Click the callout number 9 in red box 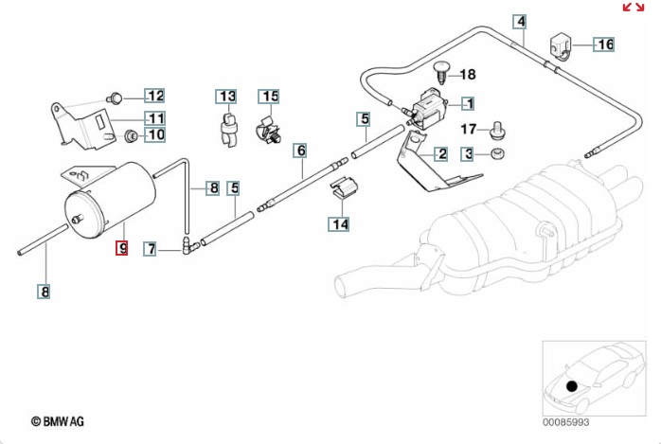pos(120,249)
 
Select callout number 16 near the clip pos(604,44)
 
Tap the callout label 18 pos(468,74)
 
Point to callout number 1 pos(468,103)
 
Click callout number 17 pos(469,129)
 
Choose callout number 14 pos(339,224)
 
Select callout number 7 pos(151,249)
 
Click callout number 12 pos(154,96)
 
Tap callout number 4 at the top pos(520,22)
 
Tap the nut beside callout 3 pos(497,153)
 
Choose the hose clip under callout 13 pos(227,127)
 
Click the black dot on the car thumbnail pos(571,385)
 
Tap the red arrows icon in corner pos(633,8)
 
